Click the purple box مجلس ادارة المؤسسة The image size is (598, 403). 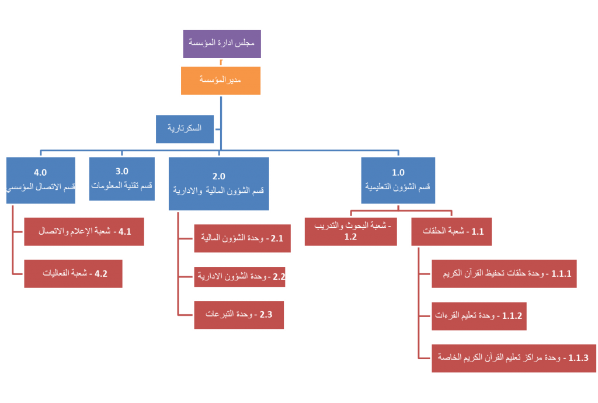[x=222, y=43]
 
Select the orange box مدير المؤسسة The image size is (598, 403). [x=221, y=80]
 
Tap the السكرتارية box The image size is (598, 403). [x=185, y=128]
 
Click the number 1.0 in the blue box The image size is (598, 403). [x=398, y=172]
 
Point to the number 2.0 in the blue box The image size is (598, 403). [x=218, y=176]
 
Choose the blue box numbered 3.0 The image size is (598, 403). [x=121, y=178]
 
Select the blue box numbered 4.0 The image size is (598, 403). [x=41, y=180]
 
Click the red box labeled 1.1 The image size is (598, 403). [x=451, y=231]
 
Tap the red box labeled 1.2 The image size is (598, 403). [x=350, y=231]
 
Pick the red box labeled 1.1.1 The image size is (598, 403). [x=504, y=273]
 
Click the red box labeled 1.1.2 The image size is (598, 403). [x=479, y=315]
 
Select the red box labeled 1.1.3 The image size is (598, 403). [x=513, y=357]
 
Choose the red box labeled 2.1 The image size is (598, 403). [x=242, y=238]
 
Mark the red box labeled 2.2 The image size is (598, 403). [x=239, y=276]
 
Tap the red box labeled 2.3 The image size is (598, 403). [x=239, y=314]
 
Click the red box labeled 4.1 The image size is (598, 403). [x=84, y=231]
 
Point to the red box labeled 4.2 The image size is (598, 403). [x=73, y=273]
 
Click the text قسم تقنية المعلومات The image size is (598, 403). [x=121, y=186]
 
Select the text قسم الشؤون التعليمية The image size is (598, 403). [x=398, y=186]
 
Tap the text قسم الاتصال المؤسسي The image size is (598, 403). [x=41, y=187]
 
